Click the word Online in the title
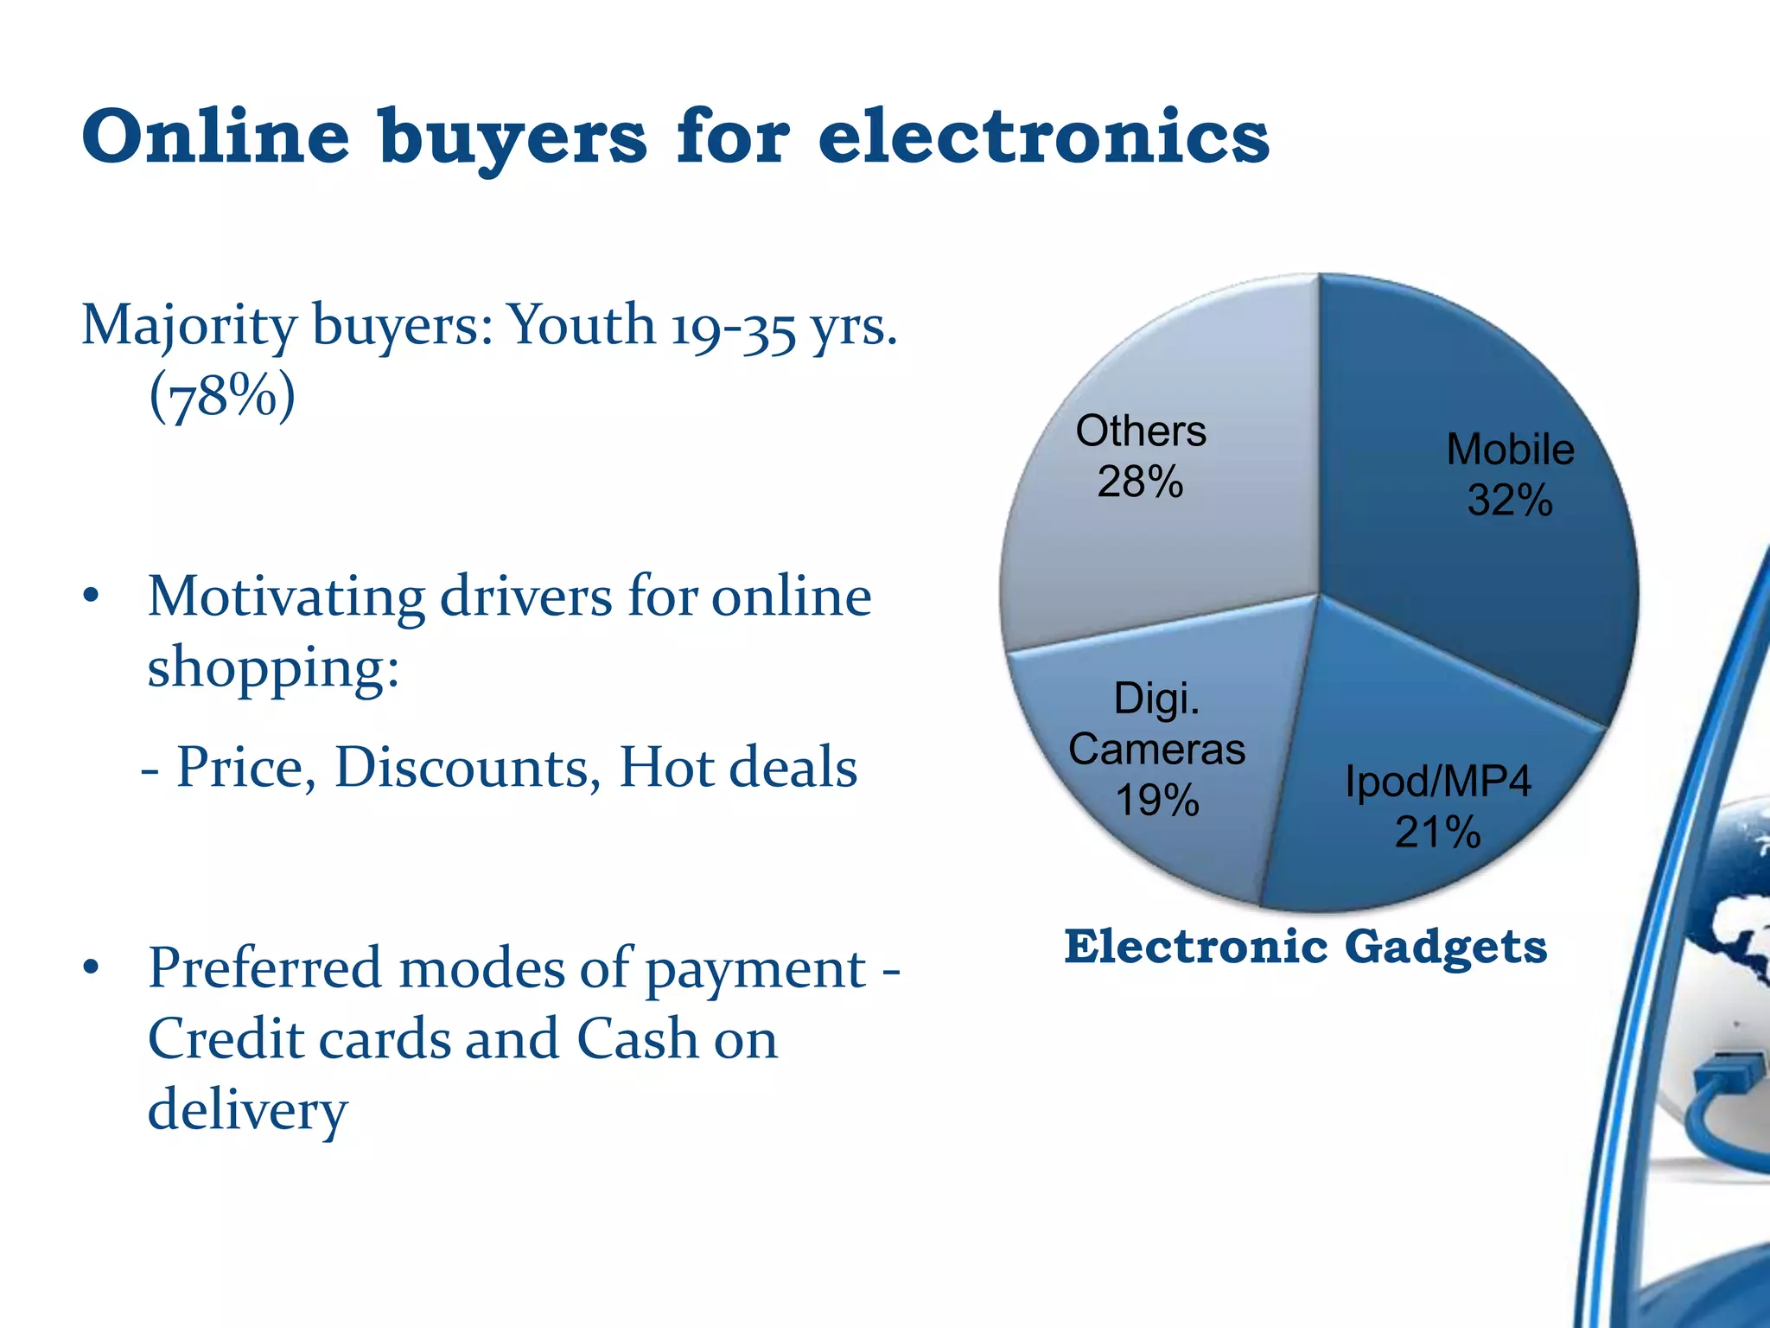(216, 136)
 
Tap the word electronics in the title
(1043, 136)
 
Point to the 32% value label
(1509, 500)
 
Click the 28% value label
(1139, 482)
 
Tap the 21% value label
(1437, 833)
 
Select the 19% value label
(1156, 800)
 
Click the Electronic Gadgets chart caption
(1305, 946)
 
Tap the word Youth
(581, 325)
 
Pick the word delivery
(247, 1110)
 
